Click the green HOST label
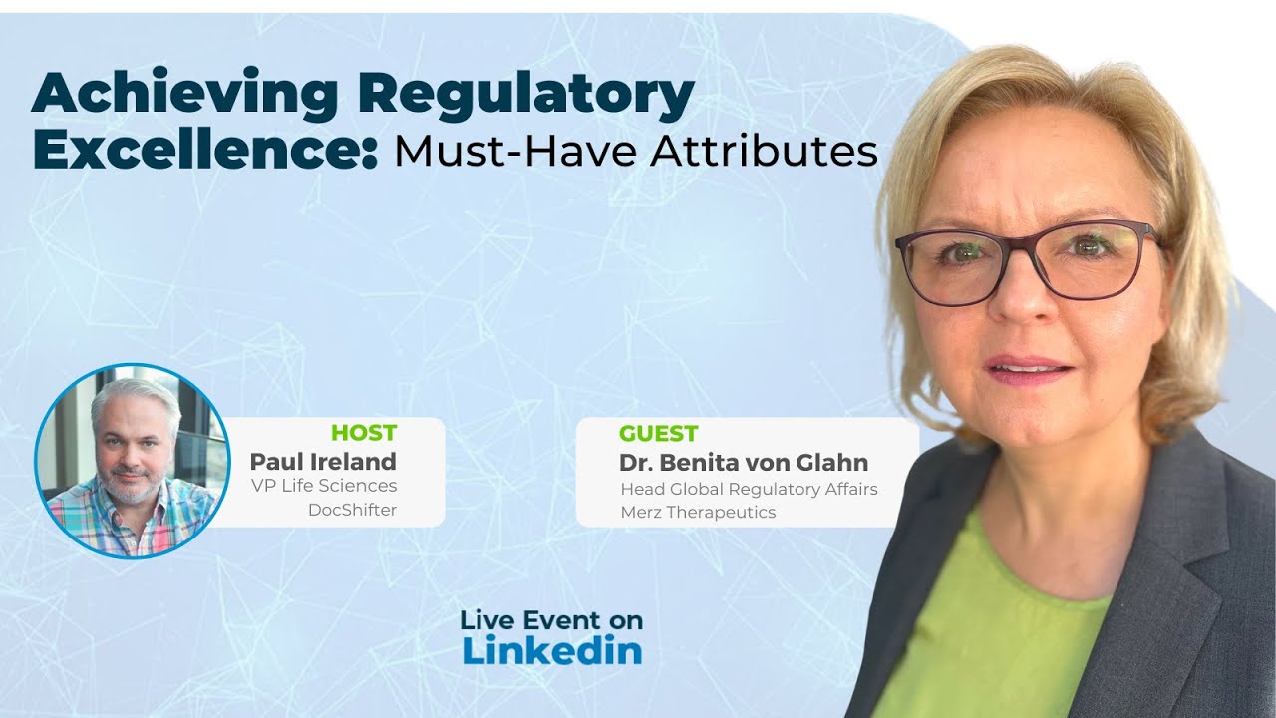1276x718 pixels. point(363,433)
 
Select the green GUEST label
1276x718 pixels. point(658,433)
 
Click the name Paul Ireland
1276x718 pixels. point(322,461)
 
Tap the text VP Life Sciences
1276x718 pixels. point(324,486)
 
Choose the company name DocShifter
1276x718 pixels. point(352,510)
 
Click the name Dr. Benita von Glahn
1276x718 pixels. point(743,463)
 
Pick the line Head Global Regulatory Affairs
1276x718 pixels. point(749,489)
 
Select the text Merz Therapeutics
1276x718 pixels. point(698,512)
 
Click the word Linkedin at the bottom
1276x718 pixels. point(551,650)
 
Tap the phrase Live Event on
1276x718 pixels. point(551,620)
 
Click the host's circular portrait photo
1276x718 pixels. point(133,461)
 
